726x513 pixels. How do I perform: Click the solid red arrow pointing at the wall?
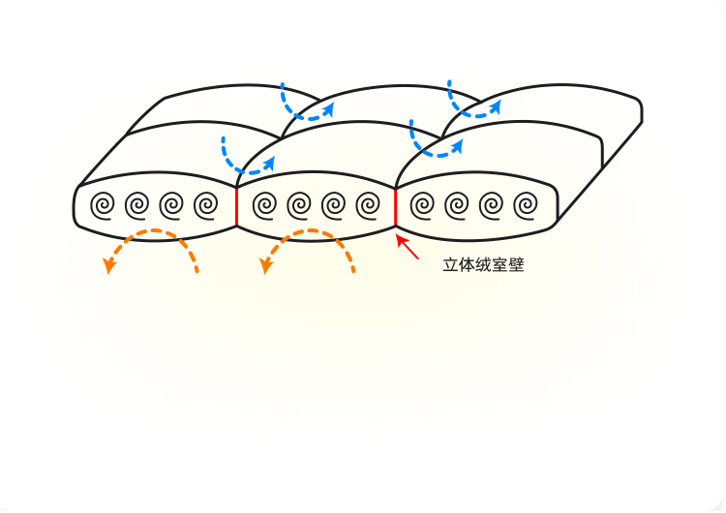click(408, 247)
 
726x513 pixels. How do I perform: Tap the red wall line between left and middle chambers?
click(236, 205)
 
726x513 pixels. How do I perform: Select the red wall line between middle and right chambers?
click(396, 205)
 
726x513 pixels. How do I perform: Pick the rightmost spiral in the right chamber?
click(527, 205)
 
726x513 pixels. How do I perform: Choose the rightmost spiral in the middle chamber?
click(367, 205)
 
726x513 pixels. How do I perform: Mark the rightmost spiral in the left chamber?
click(206, 205)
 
